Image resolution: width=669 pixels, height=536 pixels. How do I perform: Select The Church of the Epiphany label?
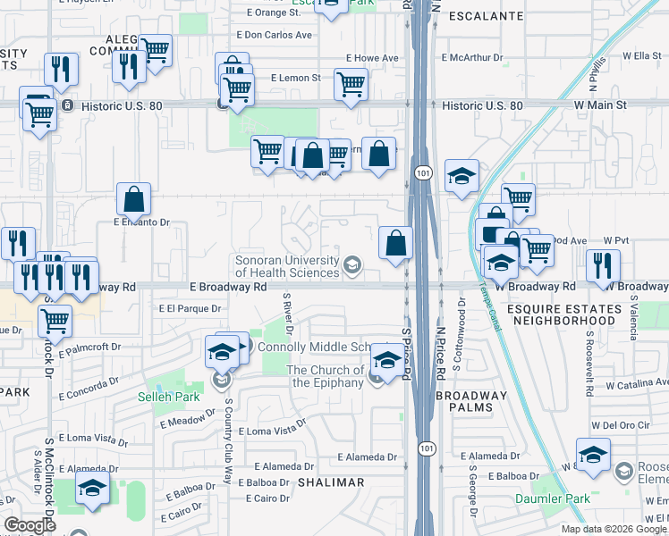pyautogui.click(x=325, y=376)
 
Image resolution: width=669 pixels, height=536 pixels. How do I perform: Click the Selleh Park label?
pyautogui.click(x=162, y=396)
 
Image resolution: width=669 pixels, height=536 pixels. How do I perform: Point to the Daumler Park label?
pyautogui.click(x=540, y=498)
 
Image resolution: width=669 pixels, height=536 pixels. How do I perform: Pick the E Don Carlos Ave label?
pyautogui.click(x=274, y=35)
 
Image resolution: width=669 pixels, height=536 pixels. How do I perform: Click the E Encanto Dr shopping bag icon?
pyautogui.click(x=133, y=201)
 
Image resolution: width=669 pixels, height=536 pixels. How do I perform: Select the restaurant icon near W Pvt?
pyautogui.click(x=603, y=265)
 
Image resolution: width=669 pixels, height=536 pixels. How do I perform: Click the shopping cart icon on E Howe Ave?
pyautogui.click(x=351, y=85)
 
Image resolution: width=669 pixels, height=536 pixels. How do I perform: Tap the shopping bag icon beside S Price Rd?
pyautogui.click(x=395, y=242)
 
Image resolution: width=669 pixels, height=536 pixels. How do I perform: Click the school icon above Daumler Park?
pyautogui.click(x=593, y=456)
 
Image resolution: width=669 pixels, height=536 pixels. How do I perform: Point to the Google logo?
pyautogui.click(x=30, y=525)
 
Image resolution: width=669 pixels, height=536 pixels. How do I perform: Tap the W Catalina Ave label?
pyautogui.click(x=636, y=386)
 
